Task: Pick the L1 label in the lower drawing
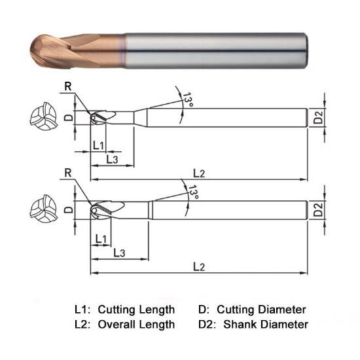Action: (101, 238)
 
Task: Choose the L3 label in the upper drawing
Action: (112, 159)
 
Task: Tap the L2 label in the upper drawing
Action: (199, 172)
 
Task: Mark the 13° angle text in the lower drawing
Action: (192, 192)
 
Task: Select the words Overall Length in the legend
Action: (136, 324)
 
